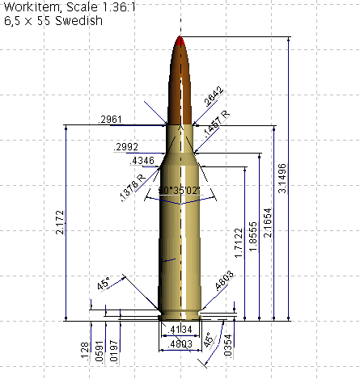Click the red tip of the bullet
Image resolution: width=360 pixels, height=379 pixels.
pyautogui.click(x=180, y=40)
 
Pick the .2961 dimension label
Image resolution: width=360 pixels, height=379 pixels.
pyautogui.click(x=109, y=120)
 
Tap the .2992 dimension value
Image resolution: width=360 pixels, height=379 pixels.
pyautogui.click(x=129, y=147)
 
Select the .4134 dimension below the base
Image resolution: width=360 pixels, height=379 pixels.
pyautogui.click(x=180, y=330)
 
